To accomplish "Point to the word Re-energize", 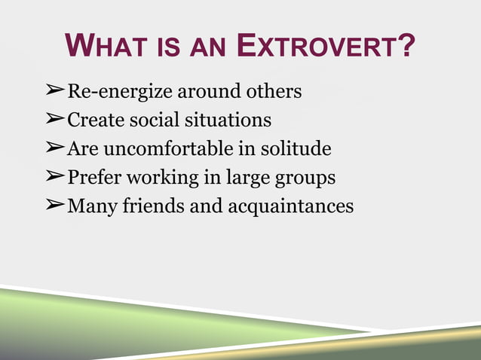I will pyautogui.click(x=121, y=92).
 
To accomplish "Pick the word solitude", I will pyautogui.click(x=296, y=148).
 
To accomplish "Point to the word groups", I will pyautogui.click(x=305, y=178).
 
